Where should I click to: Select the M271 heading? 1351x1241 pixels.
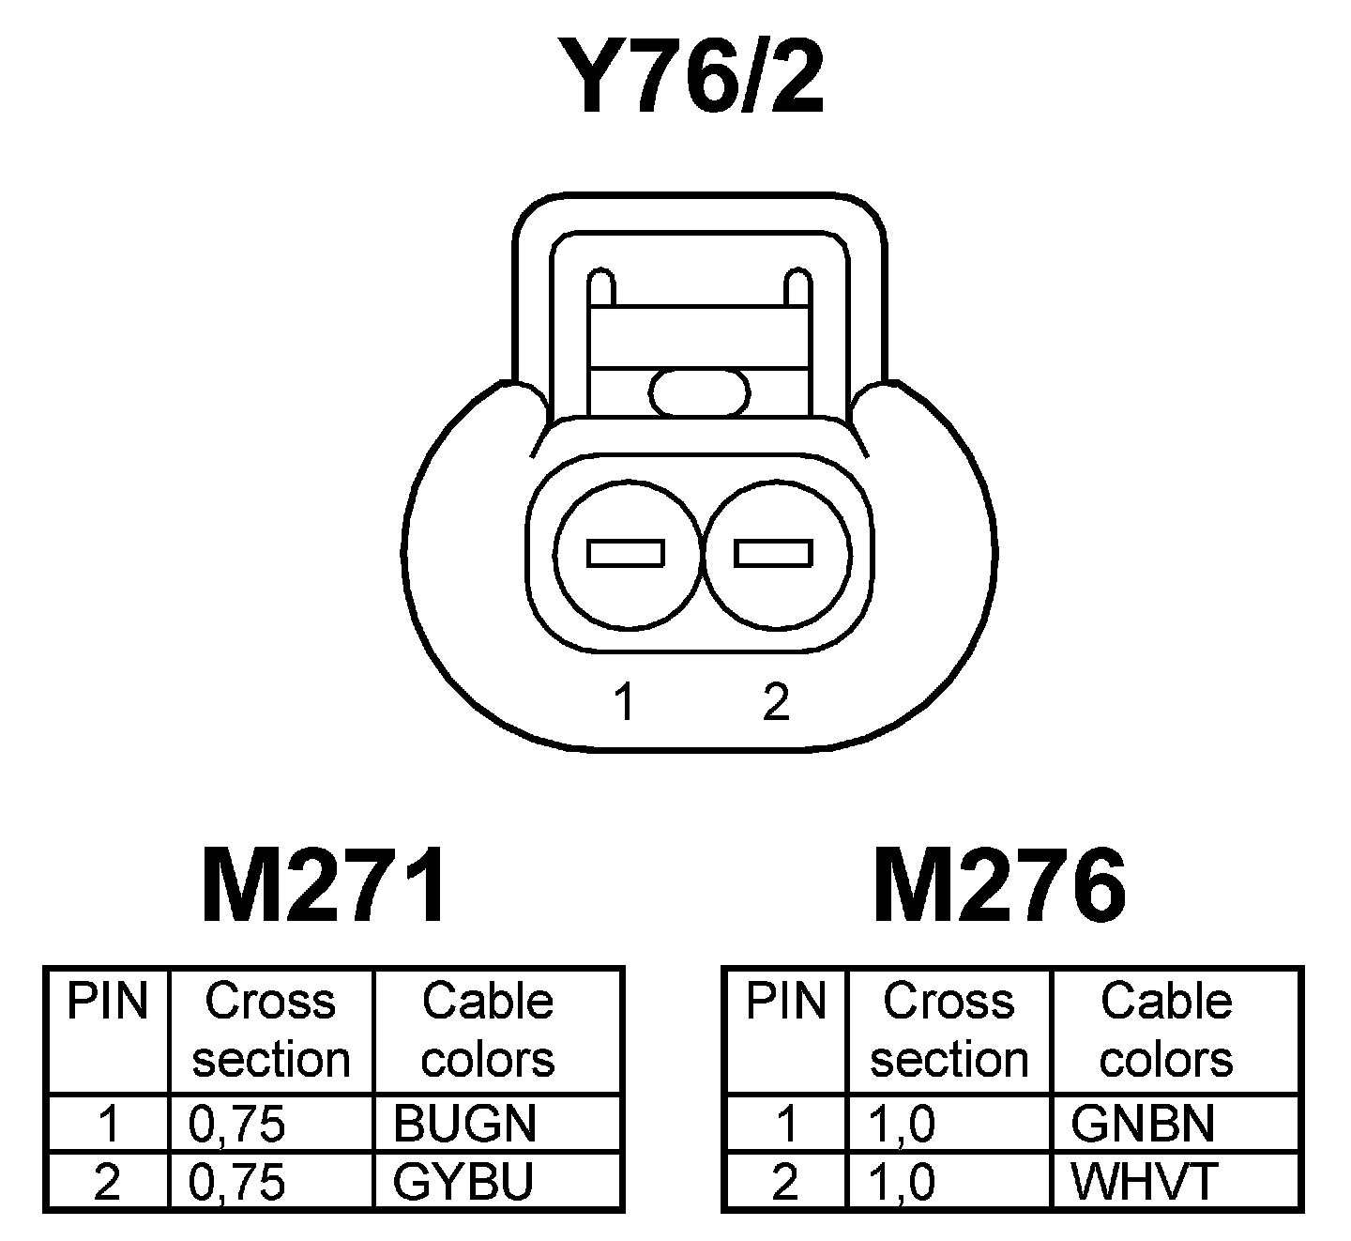(324, 886)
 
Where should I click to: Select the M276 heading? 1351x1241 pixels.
(999, 886)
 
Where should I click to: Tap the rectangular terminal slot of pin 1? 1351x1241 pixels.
(626, 553)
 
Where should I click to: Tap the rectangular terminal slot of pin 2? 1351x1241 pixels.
(773, 553)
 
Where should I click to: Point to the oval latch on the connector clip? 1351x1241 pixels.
(701, 391)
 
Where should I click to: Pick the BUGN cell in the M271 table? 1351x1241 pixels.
(464, 1124)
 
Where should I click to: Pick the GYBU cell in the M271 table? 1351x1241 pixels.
(463, 1181)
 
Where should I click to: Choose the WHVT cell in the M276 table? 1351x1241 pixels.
(1144, 1181)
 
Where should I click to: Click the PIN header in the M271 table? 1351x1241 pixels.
(108, 1002)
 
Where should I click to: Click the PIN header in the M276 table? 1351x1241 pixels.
(786, 1002)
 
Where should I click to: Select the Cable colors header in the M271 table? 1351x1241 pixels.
(488, 1030)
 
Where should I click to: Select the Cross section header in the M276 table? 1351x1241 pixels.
(949, 1030)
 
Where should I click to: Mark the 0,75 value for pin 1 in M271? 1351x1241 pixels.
(236, 1124)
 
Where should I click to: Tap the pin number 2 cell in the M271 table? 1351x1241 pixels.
(107, 1181)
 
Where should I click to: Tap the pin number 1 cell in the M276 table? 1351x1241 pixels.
(786, 1124)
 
